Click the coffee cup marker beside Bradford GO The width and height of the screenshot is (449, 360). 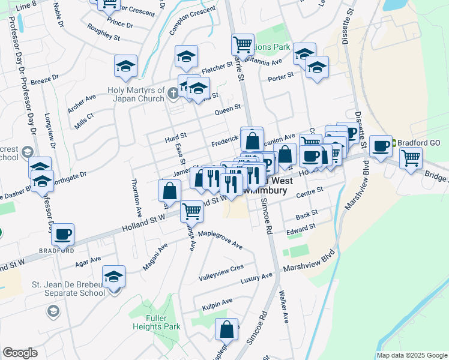coord(381,146)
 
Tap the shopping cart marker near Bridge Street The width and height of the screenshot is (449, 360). coord(411,158)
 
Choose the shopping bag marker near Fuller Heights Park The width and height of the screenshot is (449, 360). coord(227,329)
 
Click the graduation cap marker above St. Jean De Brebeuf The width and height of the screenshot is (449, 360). coord(113,277)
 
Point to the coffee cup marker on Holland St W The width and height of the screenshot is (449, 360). coord(63,235)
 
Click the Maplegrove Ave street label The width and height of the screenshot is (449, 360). coord(220,239)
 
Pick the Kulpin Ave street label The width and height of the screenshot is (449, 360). coord(217,303)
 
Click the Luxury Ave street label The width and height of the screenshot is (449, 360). coord(256,278)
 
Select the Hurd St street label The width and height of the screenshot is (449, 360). coord(176,138)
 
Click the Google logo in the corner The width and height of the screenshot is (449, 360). coord(20,353)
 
